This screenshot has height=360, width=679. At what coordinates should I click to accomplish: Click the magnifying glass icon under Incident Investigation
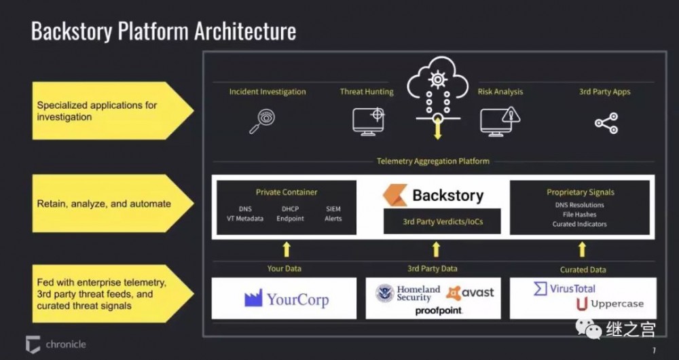coord(261,121)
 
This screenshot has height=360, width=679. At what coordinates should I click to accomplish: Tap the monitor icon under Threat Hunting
coord(369,121)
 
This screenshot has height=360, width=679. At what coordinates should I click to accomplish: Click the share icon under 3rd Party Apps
coord(606,124)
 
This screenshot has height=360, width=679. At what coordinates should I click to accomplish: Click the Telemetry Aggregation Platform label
coord(433,161)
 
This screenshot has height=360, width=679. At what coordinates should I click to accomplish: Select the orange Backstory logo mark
coord(394,196)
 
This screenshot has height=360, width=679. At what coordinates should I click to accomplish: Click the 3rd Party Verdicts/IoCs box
coord(443,221)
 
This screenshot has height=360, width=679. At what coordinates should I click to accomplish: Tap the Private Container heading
coord(287,192)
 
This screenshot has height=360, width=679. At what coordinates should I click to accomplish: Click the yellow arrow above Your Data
coord(287,249)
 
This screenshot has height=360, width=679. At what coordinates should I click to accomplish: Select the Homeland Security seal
coord(385,293)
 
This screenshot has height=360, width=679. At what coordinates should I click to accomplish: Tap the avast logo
coord(470,293)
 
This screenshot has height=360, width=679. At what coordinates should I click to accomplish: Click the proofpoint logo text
coord(439,310)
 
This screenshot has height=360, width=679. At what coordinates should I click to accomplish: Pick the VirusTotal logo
coord(564,289)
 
